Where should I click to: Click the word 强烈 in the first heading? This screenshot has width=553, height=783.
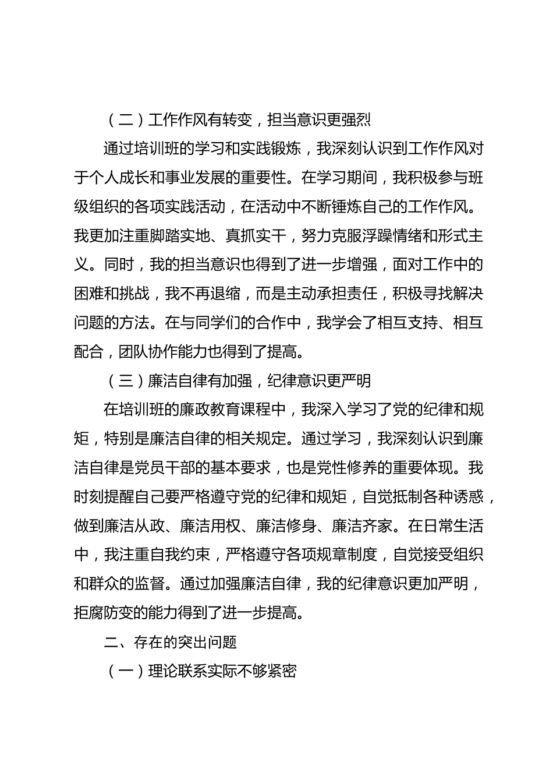(356, 120)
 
